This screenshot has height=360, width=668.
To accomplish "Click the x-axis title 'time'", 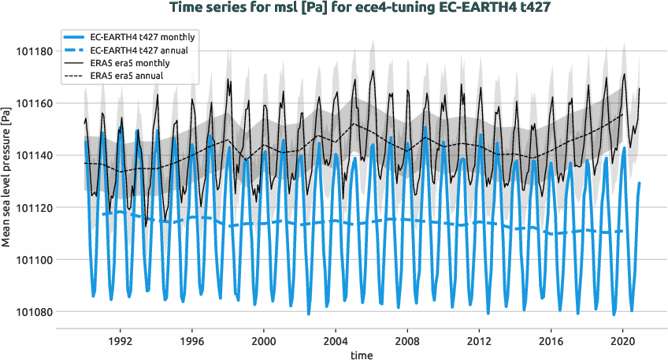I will click(x=362, y=355).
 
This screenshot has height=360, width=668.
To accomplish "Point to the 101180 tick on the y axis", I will click(x=32, y=51).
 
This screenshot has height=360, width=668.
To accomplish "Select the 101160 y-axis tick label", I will click(x=32, y=103).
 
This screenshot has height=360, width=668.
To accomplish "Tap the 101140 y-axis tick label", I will click(x=32, y=155).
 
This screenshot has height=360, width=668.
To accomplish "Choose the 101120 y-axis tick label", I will click(x=32, y=207).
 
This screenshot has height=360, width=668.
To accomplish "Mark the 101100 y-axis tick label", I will click(x=32, y=259).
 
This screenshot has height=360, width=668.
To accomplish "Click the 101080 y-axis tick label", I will click(x=32, y=311).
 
